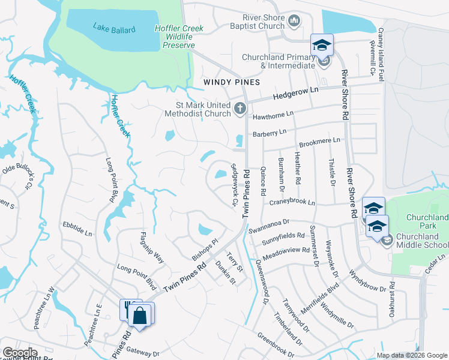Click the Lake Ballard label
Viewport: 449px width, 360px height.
[114, 28]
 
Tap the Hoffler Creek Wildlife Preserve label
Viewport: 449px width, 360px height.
[179, 37]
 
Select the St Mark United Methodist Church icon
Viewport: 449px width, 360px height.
[240, 109]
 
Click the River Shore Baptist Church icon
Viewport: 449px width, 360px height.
[294, 22]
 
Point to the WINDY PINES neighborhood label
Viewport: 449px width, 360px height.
[231, 82]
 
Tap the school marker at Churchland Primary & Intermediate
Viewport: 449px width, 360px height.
[322, 46]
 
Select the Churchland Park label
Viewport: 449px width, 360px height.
[427, 221]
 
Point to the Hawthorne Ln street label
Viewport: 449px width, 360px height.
[273, 114]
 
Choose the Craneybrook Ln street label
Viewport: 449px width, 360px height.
[292, 203]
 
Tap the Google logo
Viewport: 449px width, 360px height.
[20, 353]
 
